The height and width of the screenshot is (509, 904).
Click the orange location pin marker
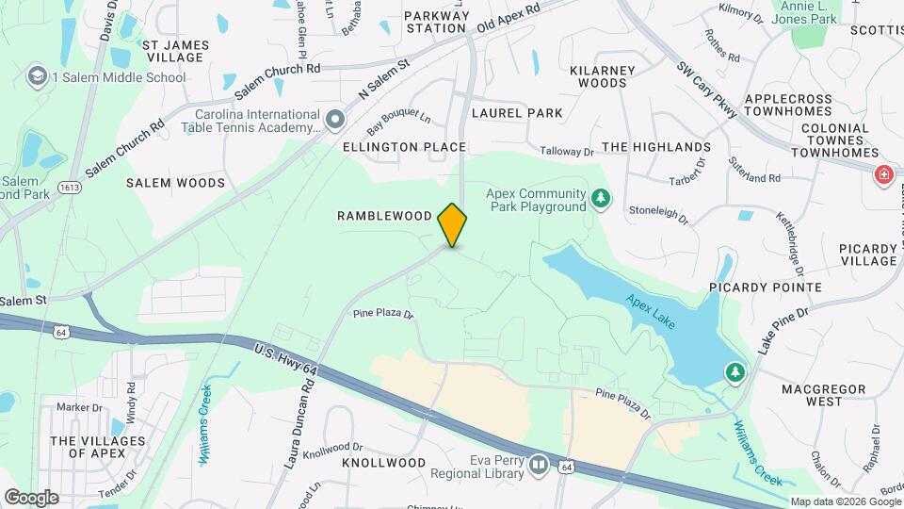452,224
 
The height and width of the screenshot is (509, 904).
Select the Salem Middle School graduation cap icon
39,76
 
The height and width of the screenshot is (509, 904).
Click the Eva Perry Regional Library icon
539,464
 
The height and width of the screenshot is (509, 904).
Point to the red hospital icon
883,174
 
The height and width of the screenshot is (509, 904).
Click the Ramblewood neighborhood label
384,216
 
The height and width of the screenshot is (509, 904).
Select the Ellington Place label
404,147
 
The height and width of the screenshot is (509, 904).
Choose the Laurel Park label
517,113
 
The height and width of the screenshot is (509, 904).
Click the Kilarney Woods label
598,76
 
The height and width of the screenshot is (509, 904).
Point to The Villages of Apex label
98,447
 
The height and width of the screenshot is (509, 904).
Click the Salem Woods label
176,183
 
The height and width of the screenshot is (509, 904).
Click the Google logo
31,497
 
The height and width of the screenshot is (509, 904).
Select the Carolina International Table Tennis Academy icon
336,119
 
